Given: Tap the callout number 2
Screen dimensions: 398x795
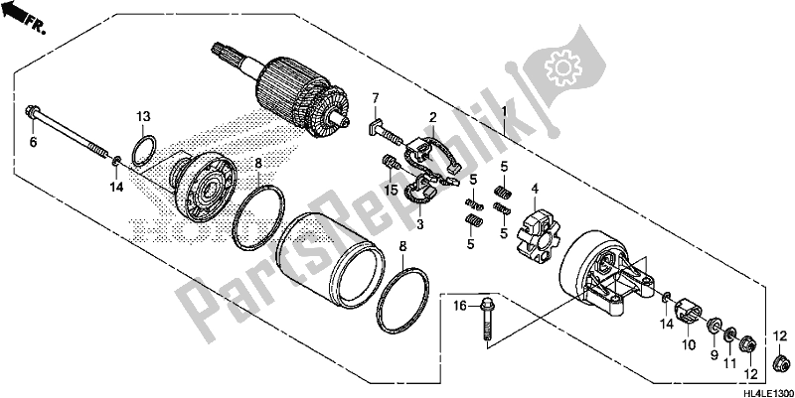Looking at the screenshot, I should (x=433, y=117).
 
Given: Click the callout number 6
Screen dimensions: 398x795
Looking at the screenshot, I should (x=32, y=144).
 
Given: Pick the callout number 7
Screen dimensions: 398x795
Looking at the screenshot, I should (x=377, y=96).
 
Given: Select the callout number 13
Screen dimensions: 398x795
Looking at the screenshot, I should (x=143, y=115).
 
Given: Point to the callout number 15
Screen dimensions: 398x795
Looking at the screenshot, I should (x=393, y=189).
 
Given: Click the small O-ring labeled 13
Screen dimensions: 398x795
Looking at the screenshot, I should (x=144, y=150).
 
